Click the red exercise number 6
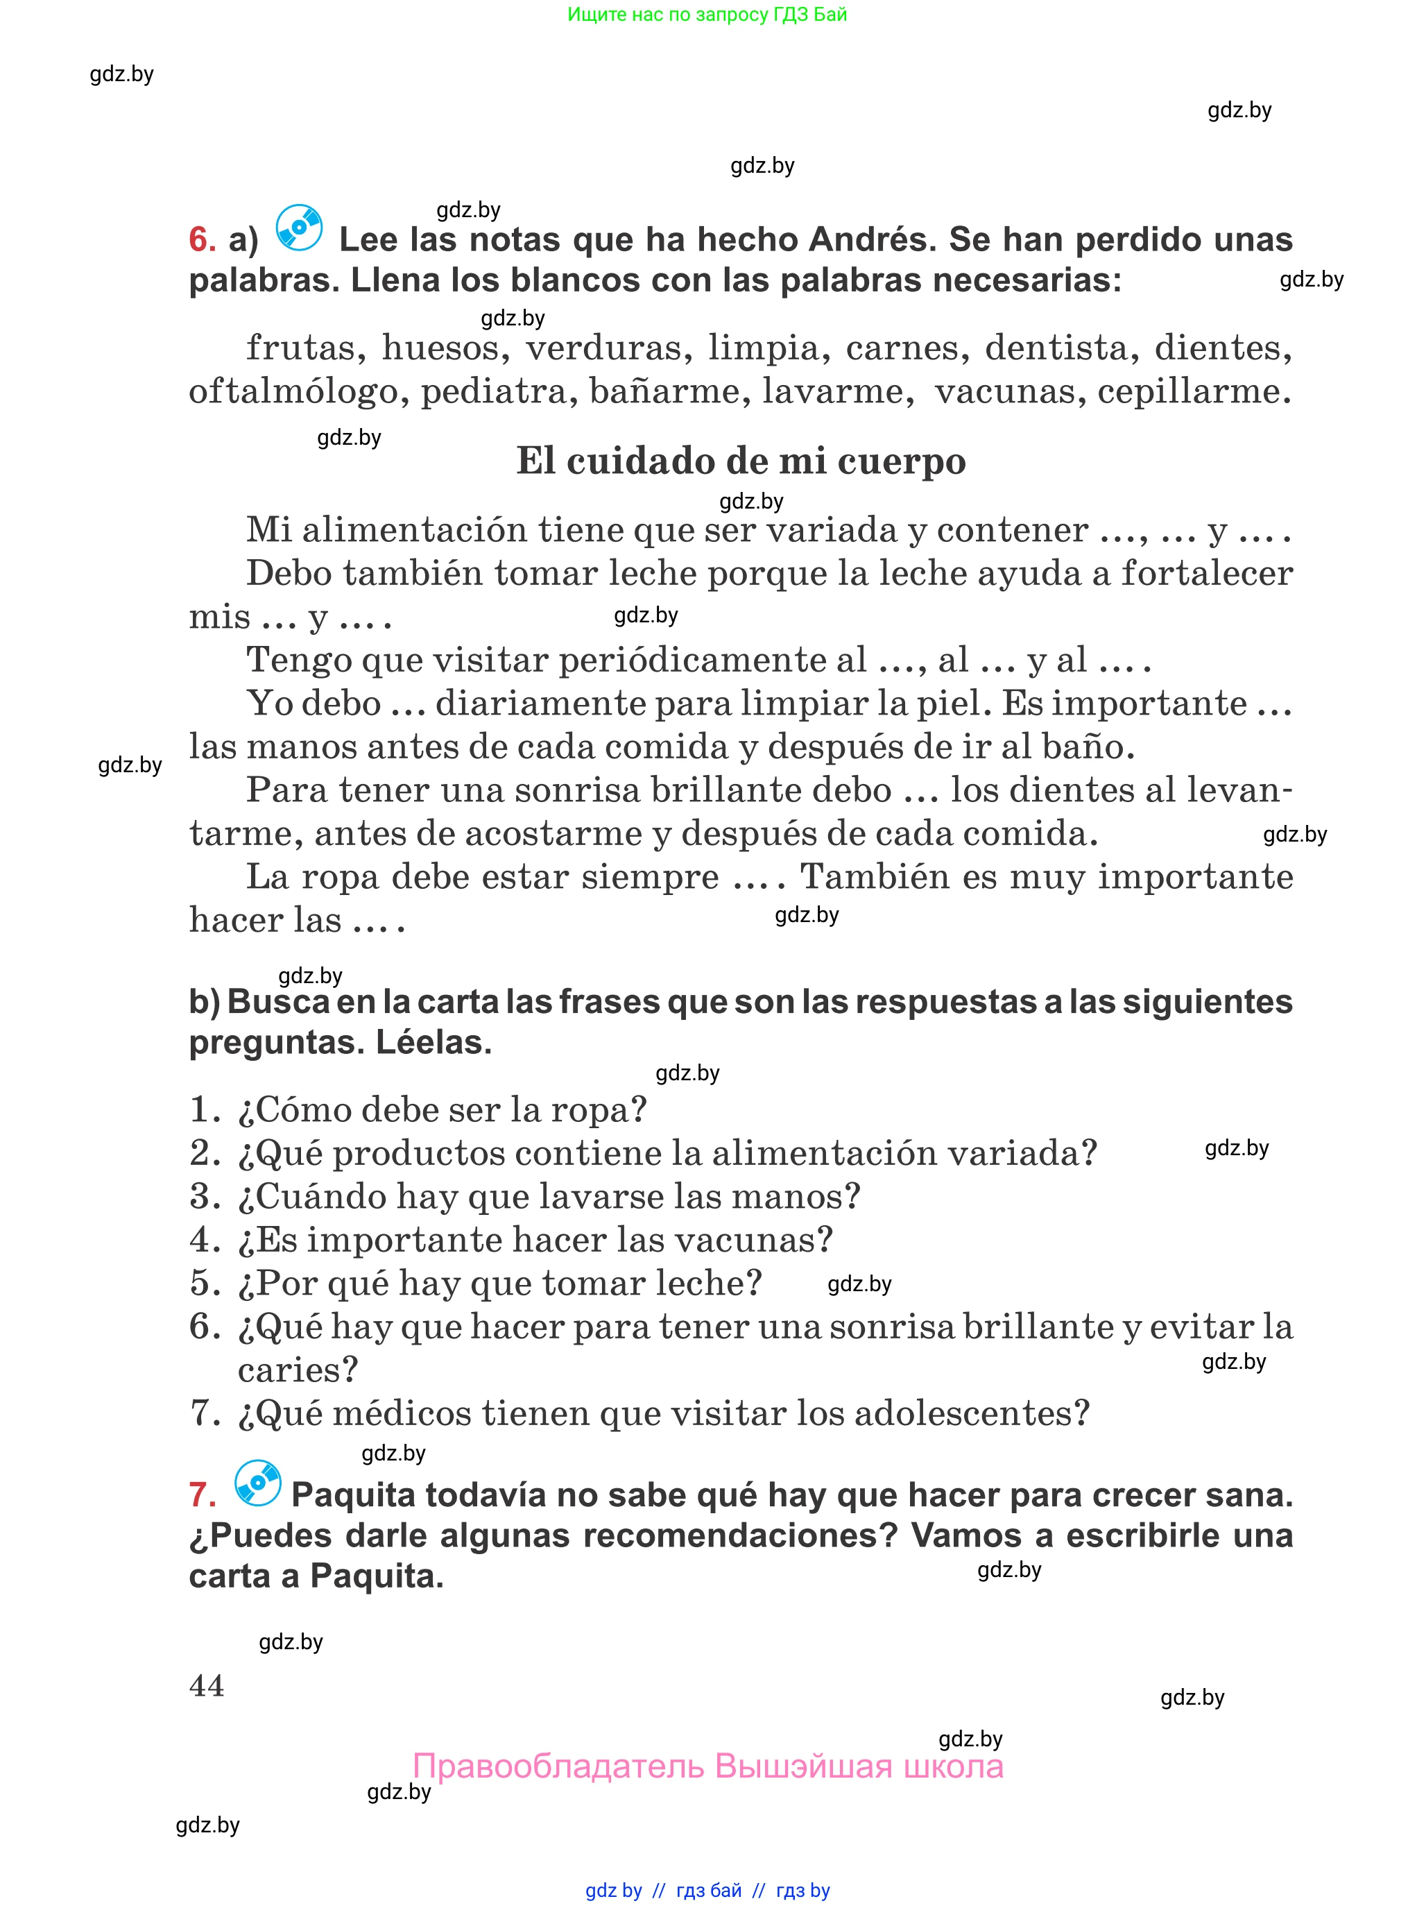[x=202, y=239]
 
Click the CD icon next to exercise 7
[x=258, y=1483]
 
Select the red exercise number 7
[x=203, y=1495]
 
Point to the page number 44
[x=207, y=1686]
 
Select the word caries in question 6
[x=297, y=1370]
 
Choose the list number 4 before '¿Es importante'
[x=203, y=1240]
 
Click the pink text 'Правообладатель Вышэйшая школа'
[x=707, y=1766]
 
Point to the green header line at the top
[x=707, y=15]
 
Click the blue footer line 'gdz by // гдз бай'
[x=707, y=1890]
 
